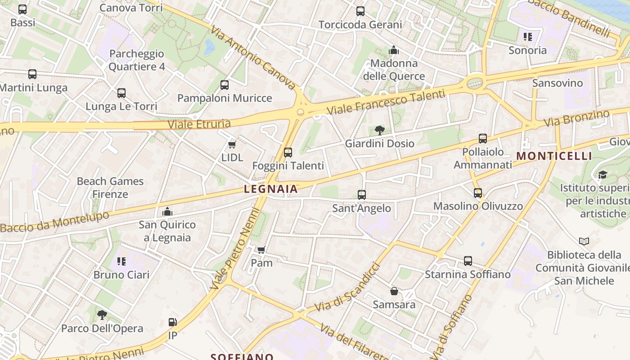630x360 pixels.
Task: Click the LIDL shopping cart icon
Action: tap(232, 144)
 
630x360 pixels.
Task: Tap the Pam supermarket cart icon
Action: tap(261, 250)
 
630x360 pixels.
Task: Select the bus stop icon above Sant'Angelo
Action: tap(362, 195)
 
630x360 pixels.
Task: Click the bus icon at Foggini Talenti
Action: tap(288, 153)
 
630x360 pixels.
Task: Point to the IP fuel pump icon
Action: tap(172, 322)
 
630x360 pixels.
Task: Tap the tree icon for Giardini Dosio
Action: tap(380, 130)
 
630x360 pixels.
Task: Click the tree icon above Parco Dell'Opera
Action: tap(102, 315)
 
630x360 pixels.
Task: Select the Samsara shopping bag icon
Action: tap(394, 291)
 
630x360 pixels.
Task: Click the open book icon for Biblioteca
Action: tap(584, 242)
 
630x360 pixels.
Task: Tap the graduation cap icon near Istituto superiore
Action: tap(603, 175)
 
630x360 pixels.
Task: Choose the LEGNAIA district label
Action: tap(271, 189)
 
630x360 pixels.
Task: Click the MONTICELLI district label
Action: tap(554, 156)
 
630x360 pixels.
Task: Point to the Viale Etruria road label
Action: tap(199, 124)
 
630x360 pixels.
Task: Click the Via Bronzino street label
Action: tap(576, 118)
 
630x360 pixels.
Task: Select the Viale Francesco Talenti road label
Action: tap(386, 102)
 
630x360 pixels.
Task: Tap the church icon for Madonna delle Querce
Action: tap(394, 50)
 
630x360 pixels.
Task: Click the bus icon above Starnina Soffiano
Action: tap(468, 261)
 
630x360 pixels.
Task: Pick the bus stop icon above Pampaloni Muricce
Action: tap(225, 85)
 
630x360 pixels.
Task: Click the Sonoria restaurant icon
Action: tap(527, 37)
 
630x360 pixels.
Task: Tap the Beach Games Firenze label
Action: tap(110, 188)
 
